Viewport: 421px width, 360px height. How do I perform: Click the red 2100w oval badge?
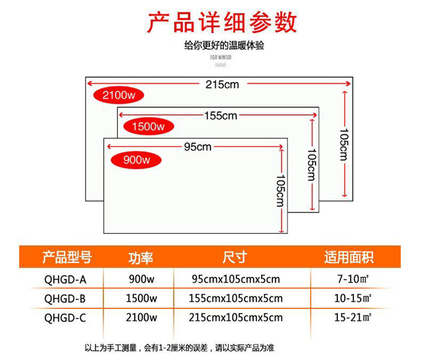tap(118, 95)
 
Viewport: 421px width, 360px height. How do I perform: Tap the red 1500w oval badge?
tap(149, 126)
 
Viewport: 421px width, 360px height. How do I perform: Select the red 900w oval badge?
tap(136, 160)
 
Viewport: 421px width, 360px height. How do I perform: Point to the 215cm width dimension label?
tap(222, 85)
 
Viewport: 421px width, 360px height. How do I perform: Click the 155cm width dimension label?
tap(221, 116)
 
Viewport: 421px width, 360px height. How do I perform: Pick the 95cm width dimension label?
tap(198, 147)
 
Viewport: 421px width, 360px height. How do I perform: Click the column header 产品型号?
tap(67, 257)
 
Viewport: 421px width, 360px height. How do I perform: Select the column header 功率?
tap(140, 258)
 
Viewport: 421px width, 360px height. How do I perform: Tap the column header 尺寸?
tap(235, 257)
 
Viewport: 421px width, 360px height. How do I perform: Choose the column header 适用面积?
tap(349, 257)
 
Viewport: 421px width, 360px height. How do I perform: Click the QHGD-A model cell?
tap(65, 279)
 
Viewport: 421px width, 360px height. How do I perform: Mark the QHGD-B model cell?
tap(65, 298)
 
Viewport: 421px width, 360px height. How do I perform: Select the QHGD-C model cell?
tap(65, 318)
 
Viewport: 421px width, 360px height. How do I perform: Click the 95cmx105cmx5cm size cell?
tap(236, 279)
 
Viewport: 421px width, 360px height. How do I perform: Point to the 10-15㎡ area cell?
tap(353, 298)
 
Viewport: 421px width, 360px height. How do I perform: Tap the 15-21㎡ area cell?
tap(353, 317)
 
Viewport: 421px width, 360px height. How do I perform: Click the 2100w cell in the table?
tap(141, 317)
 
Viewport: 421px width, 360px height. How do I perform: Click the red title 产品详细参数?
tap(222, 22)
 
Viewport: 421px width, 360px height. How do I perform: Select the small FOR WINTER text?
tap(221, 57)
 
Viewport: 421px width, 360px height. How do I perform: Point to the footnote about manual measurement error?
tap(180, 348)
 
